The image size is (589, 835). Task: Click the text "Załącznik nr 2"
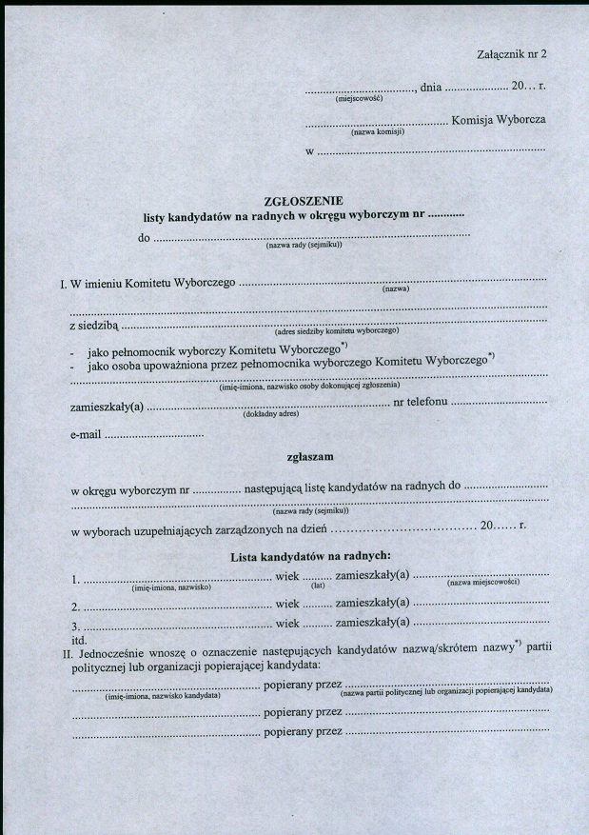pos(512,54)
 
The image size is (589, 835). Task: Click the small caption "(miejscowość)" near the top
pos(359,98)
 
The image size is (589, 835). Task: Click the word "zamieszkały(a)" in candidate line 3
pos(372,623)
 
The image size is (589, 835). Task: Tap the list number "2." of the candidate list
pos(75,606)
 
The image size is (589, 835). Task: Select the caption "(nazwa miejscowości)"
pos(482,583)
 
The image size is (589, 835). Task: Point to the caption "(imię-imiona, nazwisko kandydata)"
pos(163,696)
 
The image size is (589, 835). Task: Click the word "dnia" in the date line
pos(431,88)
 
